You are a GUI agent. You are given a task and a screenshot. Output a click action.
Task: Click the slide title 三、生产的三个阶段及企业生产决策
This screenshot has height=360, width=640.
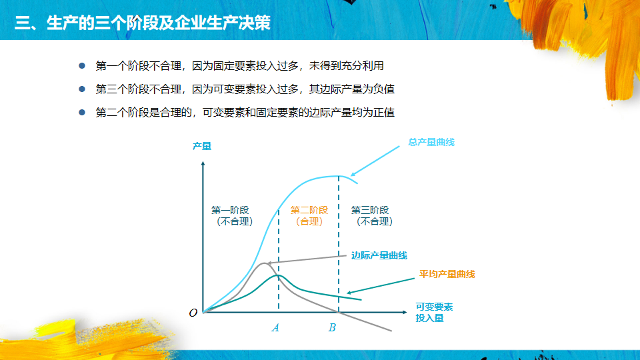pos(143,23)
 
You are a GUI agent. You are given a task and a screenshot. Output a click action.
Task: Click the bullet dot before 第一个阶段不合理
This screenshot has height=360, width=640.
pos(82,66)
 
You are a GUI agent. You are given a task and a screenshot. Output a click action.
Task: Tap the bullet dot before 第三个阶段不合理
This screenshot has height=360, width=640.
pos(82,89)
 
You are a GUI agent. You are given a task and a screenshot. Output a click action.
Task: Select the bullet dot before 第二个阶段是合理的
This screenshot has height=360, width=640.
pos(82,112)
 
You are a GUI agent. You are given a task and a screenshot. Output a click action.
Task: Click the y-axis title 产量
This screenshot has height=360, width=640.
pos(201,146)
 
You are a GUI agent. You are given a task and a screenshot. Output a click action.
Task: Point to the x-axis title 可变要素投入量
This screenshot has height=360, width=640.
pos(434,312)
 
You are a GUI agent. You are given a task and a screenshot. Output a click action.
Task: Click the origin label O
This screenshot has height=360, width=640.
pos(193,313)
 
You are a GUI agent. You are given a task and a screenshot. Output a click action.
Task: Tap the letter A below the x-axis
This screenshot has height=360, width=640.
pos(275,328)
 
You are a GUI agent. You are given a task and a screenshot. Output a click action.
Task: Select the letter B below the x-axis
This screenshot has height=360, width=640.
pos(332,328)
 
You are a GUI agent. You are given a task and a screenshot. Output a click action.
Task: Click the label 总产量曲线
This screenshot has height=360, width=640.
pos(431,142)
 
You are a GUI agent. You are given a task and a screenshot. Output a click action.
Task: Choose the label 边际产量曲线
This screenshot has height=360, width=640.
pos(379,255)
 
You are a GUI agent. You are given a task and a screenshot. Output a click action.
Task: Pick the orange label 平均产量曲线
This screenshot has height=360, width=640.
pos(447,274)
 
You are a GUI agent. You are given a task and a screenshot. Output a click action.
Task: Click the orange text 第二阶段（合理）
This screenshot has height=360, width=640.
pos(309,215)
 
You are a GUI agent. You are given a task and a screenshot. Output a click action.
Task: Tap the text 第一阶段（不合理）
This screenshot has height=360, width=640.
pos(232,215)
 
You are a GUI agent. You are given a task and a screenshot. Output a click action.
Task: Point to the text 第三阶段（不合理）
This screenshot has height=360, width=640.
pos(372,215)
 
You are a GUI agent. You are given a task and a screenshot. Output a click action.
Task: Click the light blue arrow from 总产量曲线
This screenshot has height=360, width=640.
pos(375,161)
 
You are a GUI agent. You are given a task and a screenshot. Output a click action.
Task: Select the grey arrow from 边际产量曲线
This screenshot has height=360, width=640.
pos(307,259)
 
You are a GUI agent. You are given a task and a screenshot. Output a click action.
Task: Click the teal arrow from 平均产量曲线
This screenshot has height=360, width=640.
pos(381,286)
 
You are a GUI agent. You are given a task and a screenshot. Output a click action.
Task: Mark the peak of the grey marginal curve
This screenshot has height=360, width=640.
pos(265,263)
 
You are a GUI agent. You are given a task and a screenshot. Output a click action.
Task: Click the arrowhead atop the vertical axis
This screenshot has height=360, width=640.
pos(203,164)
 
